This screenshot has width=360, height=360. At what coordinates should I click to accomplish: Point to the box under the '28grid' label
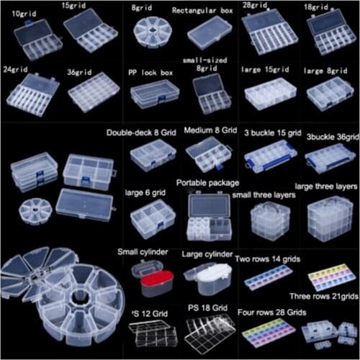pos(266,32)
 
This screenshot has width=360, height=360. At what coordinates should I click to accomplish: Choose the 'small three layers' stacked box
pos(269,220)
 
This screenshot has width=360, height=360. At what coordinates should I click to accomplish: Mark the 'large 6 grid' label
pos(146,193)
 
